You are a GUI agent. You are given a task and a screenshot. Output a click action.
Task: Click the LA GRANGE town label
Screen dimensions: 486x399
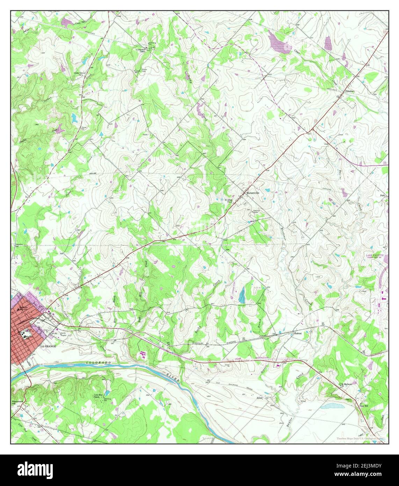48,346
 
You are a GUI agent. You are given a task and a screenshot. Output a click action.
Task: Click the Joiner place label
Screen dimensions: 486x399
259,398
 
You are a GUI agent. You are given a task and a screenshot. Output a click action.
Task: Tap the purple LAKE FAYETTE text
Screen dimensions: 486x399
375,256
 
